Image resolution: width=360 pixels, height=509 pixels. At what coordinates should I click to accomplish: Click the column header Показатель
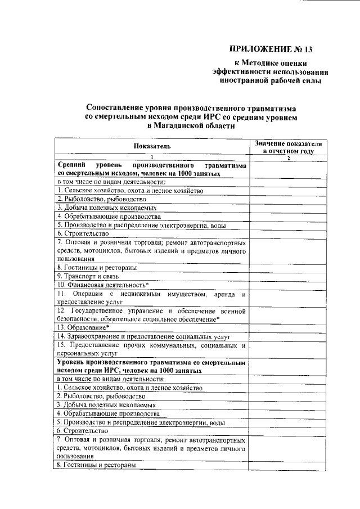[151, 147]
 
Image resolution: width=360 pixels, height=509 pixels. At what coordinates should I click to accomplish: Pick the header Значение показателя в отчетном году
[287, 147]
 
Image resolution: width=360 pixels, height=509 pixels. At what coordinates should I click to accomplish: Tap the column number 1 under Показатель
[151, 157]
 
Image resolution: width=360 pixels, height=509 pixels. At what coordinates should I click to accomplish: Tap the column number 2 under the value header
[288, 157]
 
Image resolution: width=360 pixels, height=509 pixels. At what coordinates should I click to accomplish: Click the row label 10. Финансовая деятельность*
[102, 285]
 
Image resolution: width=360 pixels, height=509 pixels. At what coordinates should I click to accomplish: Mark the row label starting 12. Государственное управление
[151, 314]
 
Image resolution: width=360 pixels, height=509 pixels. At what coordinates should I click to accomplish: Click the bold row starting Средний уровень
[151, 170]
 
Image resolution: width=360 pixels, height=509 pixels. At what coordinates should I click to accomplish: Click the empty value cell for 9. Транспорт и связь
[288, 276]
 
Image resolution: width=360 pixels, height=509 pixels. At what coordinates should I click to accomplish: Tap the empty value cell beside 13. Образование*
[288, 327]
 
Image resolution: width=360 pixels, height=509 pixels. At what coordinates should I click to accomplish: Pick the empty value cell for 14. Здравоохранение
[288, 336]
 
